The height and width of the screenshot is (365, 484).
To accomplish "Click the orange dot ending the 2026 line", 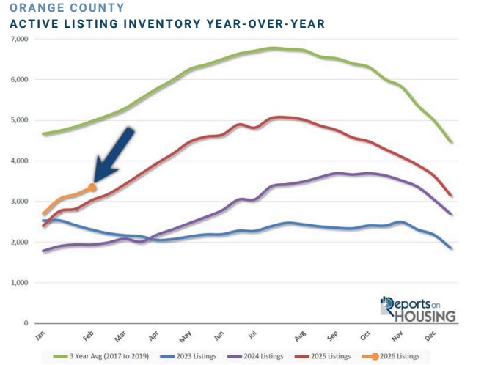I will tap(92, 188).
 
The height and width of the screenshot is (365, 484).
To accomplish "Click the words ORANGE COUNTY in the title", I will tap(56, 8).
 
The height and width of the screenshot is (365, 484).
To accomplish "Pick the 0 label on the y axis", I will tap(26, 323).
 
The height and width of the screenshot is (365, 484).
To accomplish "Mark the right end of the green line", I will tap(451, 142).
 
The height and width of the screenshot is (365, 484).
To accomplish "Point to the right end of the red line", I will tap(451, 196).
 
